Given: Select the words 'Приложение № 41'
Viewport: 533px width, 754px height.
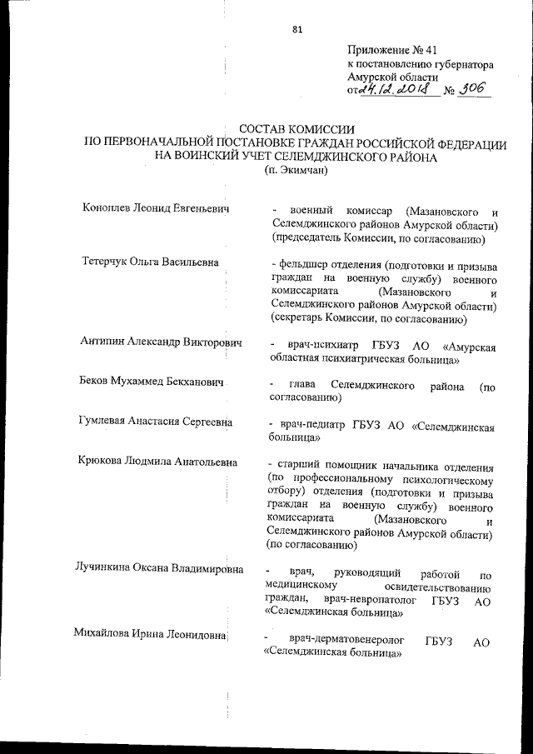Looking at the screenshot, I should click(x=391, y=50).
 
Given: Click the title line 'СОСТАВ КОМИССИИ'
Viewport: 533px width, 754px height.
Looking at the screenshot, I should click(x=296, y=130).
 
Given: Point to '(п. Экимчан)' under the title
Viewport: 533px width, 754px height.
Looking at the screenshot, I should click(x=297, y=172).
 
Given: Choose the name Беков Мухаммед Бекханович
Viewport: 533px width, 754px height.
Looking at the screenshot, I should click(x=154, y=382).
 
